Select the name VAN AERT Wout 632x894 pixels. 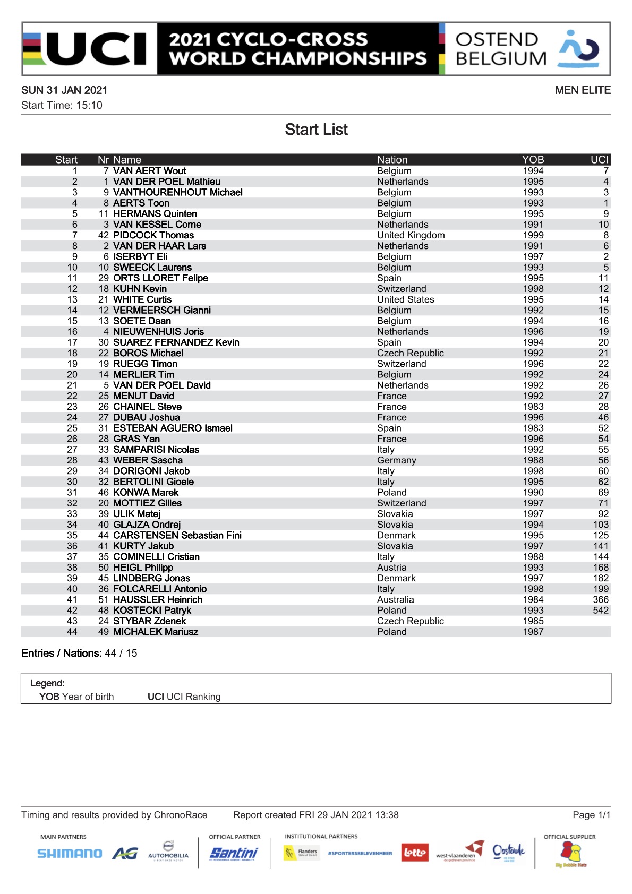(x=149, y=171)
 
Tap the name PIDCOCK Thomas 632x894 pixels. (x=153, y=235)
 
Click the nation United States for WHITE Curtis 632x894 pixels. (x=405, y=299)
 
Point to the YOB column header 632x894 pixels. (x=533, y=160)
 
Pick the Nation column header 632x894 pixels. (x=392, y=160)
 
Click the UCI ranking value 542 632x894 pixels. (x=601, y=611)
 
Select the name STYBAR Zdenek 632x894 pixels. (x=149, y=621)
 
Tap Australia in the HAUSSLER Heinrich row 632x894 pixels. (x=395, y=600)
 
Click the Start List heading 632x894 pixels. (x=316, y=130)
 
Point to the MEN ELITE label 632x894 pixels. (x=583, y=90)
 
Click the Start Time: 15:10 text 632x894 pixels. (x=62, y=105)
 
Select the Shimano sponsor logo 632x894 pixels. (x=70, y=854)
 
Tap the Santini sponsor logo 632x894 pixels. (x=234, y=853)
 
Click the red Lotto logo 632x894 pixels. (x=414, y=853)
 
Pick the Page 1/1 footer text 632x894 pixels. (x=591, y=815)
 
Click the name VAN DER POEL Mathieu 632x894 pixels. (x=166, y=182)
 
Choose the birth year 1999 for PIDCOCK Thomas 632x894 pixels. (x=533, y=235)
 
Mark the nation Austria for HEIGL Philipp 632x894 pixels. (x=391, y=568)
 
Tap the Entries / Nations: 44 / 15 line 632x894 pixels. (x=79, y=653)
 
